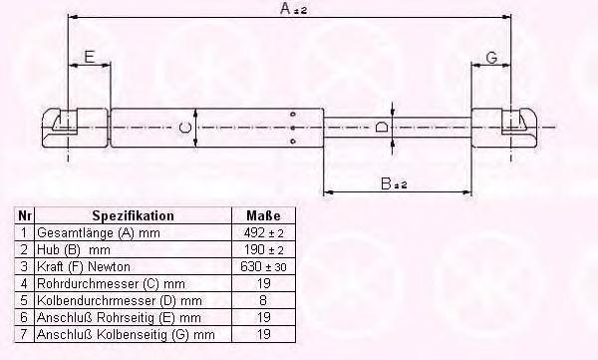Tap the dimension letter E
[89, 57]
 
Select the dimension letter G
[492, 58]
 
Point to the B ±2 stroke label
[394, 183]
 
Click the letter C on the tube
[185, 127]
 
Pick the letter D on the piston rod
[382, 127]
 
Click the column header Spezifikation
[134, 215]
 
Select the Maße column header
[263, 215]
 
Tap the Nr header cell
[24, 215]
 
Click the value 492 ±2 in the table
[263, 232]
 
